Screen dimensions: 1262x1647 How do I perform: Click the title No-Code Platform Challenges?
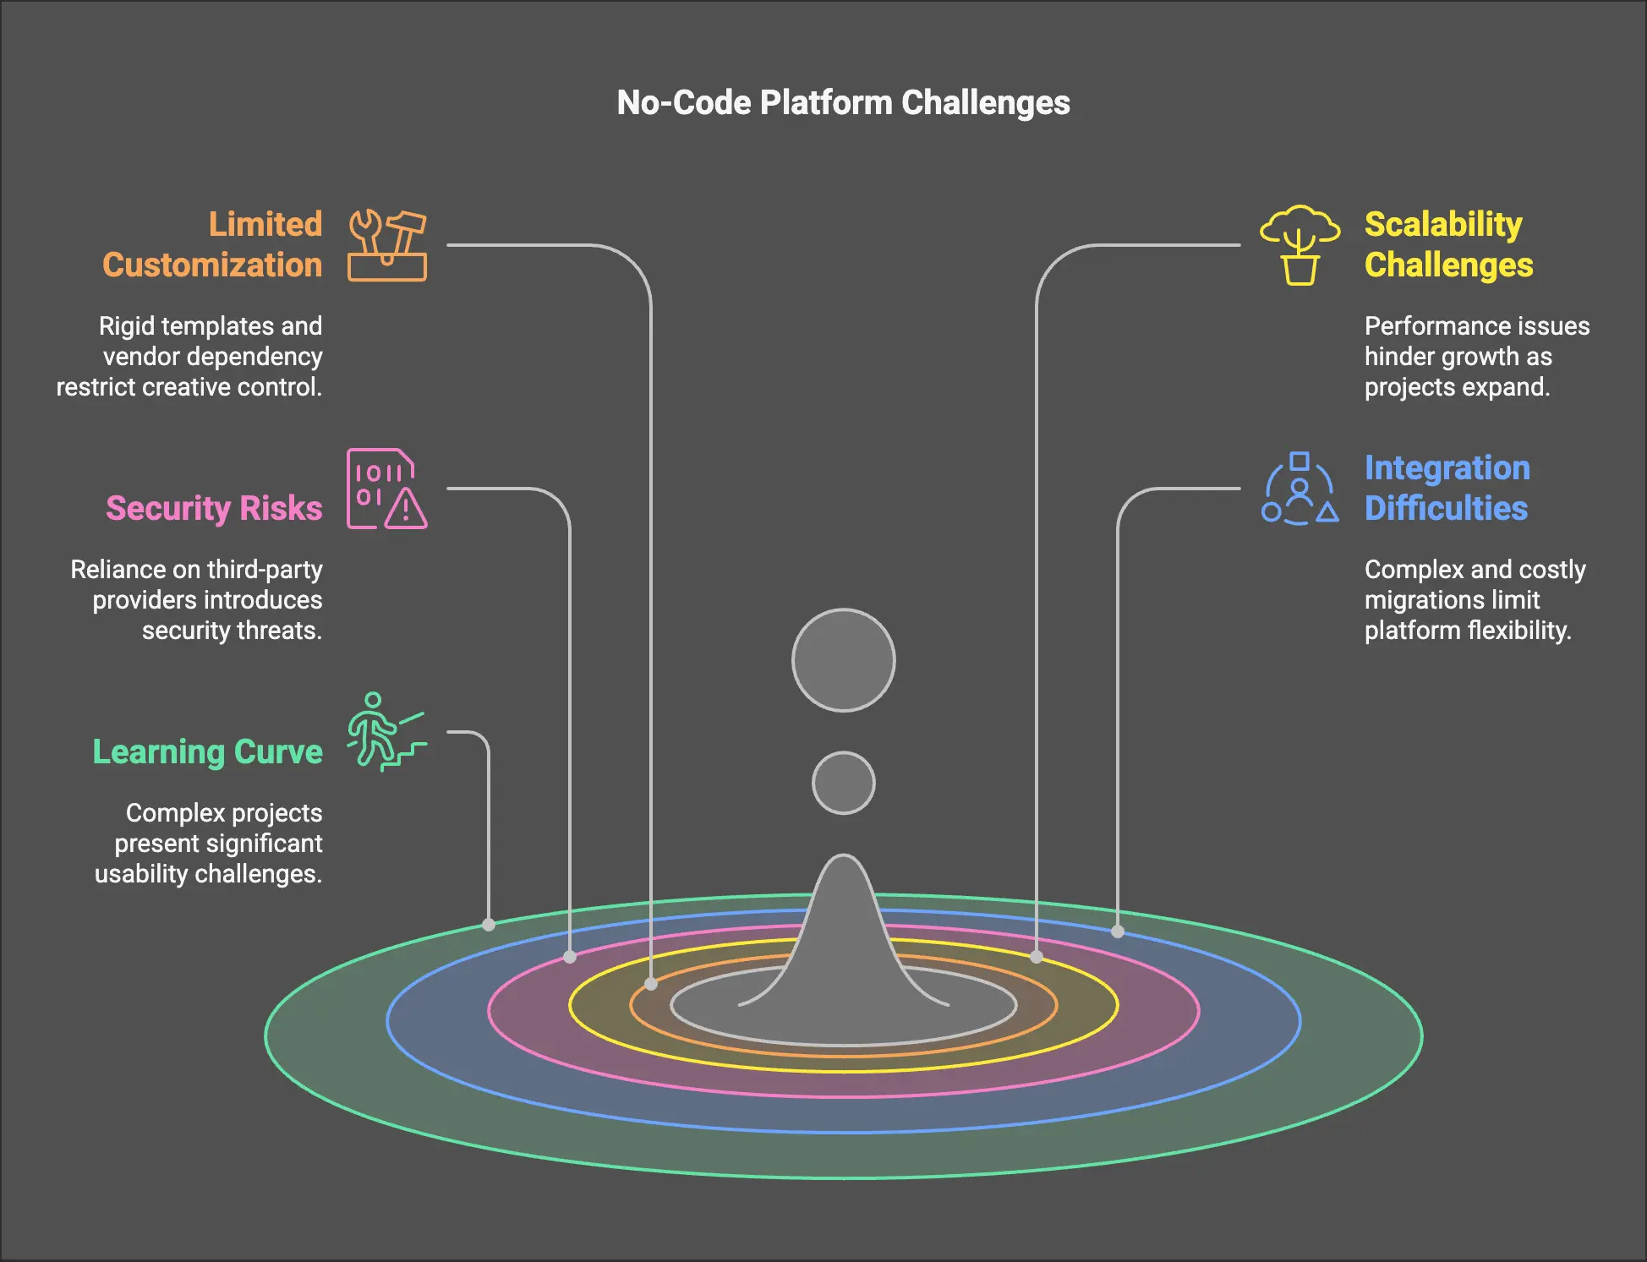(x=843, y=103)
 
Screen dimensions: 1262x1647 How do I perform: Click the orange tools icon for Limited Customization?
(x=387, y=245)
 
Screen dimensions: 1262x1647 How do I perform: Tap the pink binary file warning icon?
(x=386, y=489)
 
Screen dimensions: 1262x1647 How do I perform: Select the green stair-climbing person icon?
(x=386, y=732)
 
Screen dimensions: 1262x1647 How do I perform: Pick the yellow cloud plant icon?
(x=1300, y=245)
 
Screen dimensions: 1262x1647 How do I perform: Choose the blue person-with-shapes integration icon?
(x=1300, y=489)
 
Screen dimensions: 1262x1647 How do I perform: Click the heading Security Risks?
(x=214, y=508)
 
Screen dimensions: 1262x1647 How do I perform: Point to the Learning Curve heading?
(x=207, y=751)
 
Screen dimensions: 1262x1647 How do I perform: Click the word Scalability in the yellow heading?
(x=1442, y=225)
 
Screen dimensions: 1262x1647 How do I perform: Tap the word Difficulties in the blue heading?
(x=1446, y=509)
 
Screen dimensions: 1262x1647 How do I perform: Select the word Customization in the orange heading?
(x=212, y=265)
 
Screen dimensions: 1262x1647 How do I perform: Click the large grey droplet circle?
(x=843, y=660)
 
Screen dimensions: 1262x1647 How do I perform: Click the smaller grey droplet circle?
(x=843, y=783)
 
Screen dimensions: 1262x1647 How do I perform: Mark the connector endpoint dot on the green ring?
(x=489, y=925)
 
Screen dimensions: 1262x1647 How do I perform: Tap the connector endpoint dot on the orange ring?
(x=651, y=984)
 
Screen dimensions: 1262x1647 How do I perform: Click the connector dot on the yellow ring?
(x=1037, y=957)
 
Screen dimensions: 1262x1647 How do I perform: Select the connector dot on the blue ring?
(x=1118, y=931)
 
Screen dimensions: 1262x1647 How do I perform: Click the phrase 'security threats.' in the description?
(x=232, y=631)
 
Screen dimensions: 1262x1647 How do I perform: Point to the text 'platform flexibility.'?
(x=1467, y=631)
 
